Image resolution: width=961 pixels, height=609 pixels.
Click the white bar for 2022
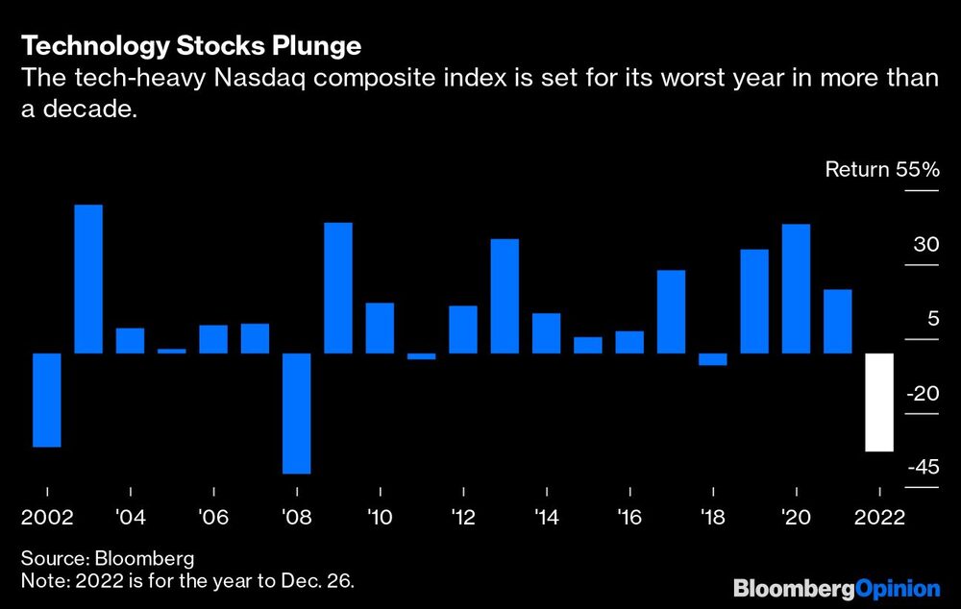tap(880, 402)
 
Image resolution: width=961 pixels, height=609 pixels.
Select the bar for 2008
tap(296, 413)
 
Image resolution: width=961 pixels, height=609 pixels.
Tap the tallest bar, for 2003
tap(88, 279)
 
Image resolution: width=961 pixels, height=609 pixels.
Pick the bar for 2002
tap(47, 400)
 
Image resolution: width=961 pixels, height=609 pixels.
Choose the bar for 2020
tap(796, 288)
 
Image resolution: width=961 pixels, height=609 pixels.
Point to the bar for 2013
tap(505, 296)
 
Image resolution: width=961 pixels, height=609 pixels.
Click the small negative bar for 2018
tap(713, 359)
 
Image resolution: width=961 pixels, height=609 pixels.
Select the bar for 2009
tap(337, 287)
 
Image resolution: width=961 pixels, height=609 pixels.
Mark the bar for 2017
tap(671, 311)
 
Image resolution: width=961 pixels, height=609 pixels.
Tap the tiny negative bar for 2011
tap(421, 356)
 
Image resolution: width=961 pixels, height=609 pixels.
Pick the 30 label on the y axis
tap(924, 245)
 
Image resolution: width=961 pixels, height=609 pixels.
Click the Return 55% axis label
tap(880, 171)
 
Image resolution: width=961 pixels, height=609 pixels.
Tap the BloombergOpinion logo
tap(835, 587)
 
